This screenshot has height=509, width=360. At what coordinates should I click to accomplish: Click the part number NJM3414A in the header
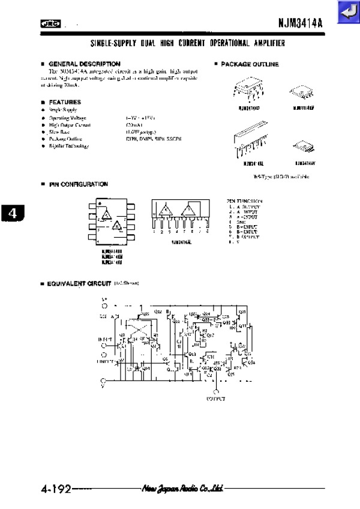click(300, 24)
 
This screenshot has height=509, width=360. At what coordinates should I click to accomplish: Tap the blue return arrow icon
click(347, 12)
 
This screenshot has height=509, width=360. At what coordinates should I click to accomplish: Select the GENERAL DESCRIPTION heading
click(84, 64)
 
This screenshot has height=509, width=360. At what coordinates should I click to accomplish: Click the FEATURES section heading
click(65, 102)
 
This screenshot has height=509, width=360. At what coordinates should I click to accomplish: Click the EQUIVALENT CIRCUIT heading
click(79, 282)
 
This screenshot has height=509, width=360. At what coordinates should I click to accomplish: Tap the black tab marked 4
click(13, 212)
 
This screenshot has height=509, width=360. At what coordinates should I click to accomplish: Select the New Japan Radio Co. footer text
click(182, 489)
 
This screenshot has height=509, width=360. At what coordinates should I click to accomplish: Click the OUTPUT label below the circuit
click(215, 398)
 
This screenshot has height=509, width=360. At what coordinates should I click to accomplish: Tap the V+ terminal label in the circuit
click(103, 298)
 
